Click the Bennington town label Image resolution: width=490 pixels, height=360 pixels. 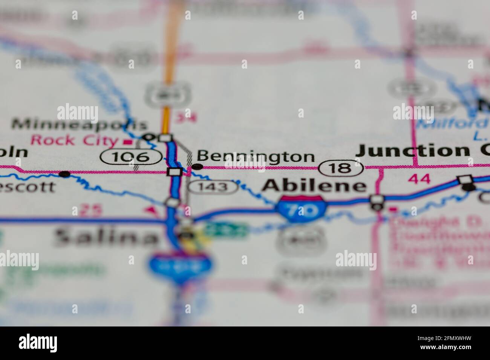[256, 157]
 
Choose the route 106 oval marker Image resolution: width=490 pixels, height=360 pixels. [132, 156]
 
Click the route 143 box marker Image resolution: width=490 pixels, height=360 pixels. [213, 186]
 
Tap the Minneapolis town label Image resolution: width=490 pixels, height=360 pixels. [79, 124]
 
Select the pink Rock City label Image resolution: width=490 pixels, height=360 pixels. [74, 140]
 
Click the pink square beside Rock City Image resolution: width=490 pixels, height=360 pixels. [129, 142]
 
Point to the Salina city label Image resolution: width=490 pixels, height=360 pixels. [106, 236]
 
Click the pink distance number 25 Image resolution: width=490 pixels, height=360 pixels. [91, 211]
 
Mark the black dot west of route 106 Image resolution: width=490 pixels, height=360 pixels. [65, 174]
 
